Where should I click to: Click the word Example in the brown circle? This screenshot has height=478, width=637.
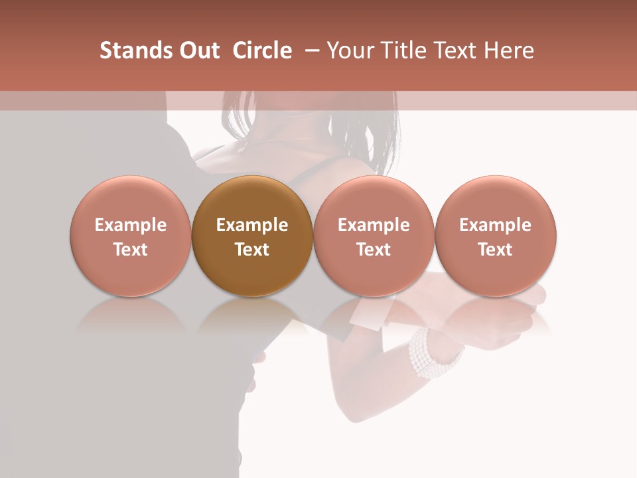[x=252, y=225]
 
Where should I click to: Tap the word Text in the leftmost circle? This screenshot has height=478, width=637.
[x=131, y=250]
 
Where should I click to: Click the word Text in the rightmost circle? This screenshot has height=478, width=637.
[x=496, y=250]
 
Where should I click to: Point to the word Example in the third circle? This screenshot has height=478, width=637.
[x=374, y=225]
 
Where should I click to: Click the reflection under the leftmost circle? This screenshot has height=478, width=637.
[x=131, y=315]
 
